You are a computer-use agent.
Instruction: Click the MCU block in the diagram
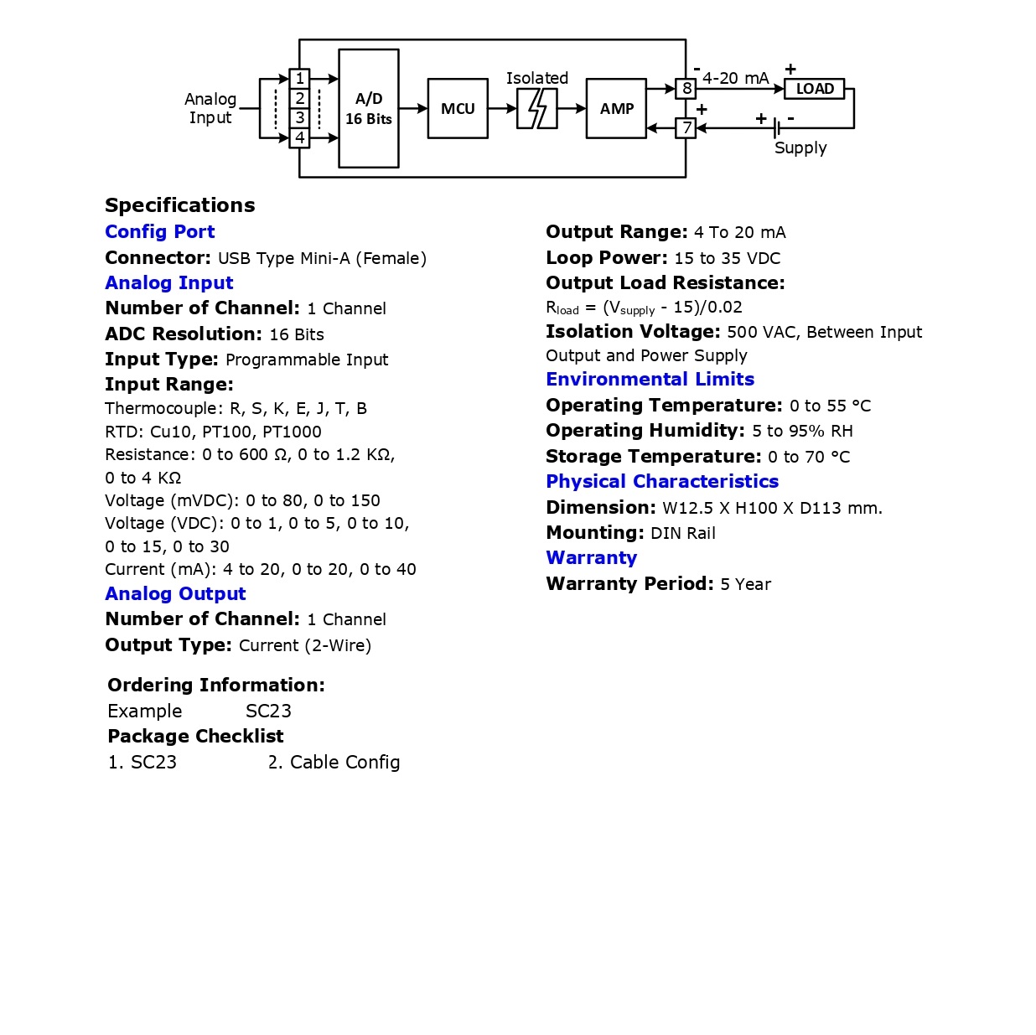pos(458,109)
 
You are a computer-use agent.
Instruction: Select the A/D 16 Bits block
pos(368,109)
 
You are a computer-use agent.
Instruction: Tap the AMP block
pos(616,109)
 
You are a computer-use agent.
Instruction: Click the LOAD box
pos(814,89)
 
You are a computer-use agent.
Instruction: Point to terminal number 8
pos(686,88)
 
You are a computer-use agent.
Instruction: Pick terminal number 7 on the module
pos(686,128)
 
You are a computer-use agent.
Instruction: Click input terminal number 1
pos(299,79)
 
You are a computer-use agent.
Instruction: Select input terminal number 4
pos(299,137)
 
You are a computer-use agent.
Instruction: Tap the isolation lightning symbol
pos(537,109)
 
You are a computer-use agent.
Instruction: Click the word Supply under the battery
pos(800,148)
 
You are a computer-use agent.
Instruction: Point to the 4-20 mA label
pos(735,78)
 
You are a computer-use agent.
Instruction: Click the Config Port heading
pos(160,232)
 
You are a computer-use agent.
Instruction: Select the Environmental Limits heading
pos(650,380)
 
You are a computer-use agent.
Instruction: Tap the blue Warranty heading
pos(591,558)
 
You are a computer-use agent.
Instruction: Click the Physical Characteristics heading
pos(662,482)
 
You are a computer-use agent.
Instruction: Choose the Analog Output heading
pos(175,594)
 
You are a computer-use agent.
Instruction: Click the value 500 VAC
pos(753,333)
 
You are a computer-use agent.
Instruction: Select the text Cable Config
pos(344,763)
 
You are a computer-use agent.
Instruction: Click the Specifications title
pos(179,205)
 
